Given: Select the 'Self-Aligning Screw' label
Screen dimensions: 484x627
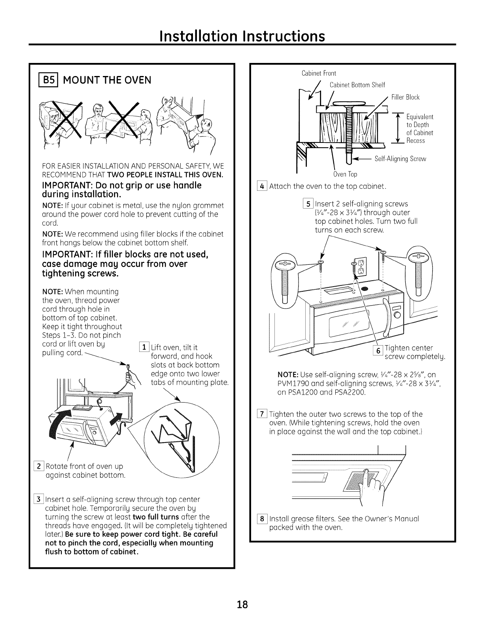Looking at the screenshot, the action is tap(400, 159).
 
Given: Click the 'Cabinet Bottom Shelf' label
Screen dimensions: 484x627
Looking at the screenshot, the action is tap(357, 85).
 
